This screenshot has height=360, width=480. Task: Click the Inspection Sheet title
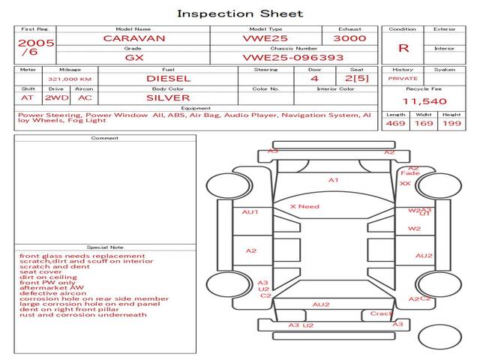click(x=240, y=13)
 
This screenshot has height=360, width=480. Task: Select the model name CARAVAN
click(x=134, y=37)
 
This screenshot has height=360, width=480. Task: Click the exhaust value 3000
click(x=349, y=37)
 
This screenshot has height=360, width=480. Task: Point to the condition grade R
click(x=403, y=48)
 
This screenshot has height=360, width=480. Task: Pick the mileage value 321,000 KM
click(x=70, y=78)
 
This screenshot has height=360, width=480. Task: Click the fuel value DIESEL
click(x=169, y=78)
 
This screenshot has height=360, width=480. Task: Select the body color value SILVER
click(x=169, y=97)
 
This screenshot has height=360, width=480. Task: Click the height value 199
click(x=451, y=124)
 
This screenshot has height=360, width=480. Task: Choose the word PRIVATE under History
click(x=403, y=78)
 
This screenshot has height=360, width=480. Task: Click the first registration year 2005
click(x=36, y=43)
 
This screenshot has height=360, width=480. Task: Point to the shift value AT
click(x=28, y=97)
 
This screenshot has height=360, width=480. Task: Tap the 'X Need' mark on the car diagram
click(x=304, y=206)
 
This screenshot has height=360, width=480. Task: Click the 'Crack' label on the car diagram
click(x=381, y=313)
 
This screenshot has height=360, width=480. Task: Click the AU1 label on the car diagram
click(x=250, y=212)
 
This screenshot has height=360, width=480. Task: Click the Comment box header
click(x=105, y=138)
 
